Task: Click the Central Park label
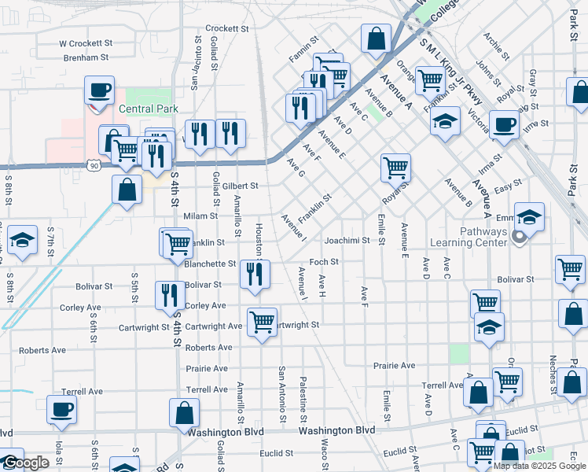pyautogui.click(x=149, y=109)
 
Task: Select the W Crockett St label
pyautogui.click(x=86, y=43)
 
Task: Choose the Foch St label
pyautogui.click(x=323, y=262)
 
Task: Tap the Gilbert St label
pyautogui.click(x=240, y=186)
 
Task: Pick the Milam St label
pyautogui.click(x=200, y=216)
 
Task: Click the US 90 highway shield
pyautogui.click(x=95, y=166)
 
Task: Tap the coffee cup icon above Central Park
pyautogui.click(x=100, y=89)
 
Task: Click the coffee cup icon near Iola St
pyautogui.click(x=62, y=408)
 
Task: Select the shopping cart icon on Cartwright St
pyautogui.click(x=262, y=320)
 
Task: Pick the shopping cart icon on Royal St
pyautogui.click(x=395, y=166)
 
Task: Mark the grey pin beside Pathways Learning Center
pyautogui.click(x=519, y=236)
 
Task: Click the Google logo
pyautogui.click(x=25, y=463)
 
